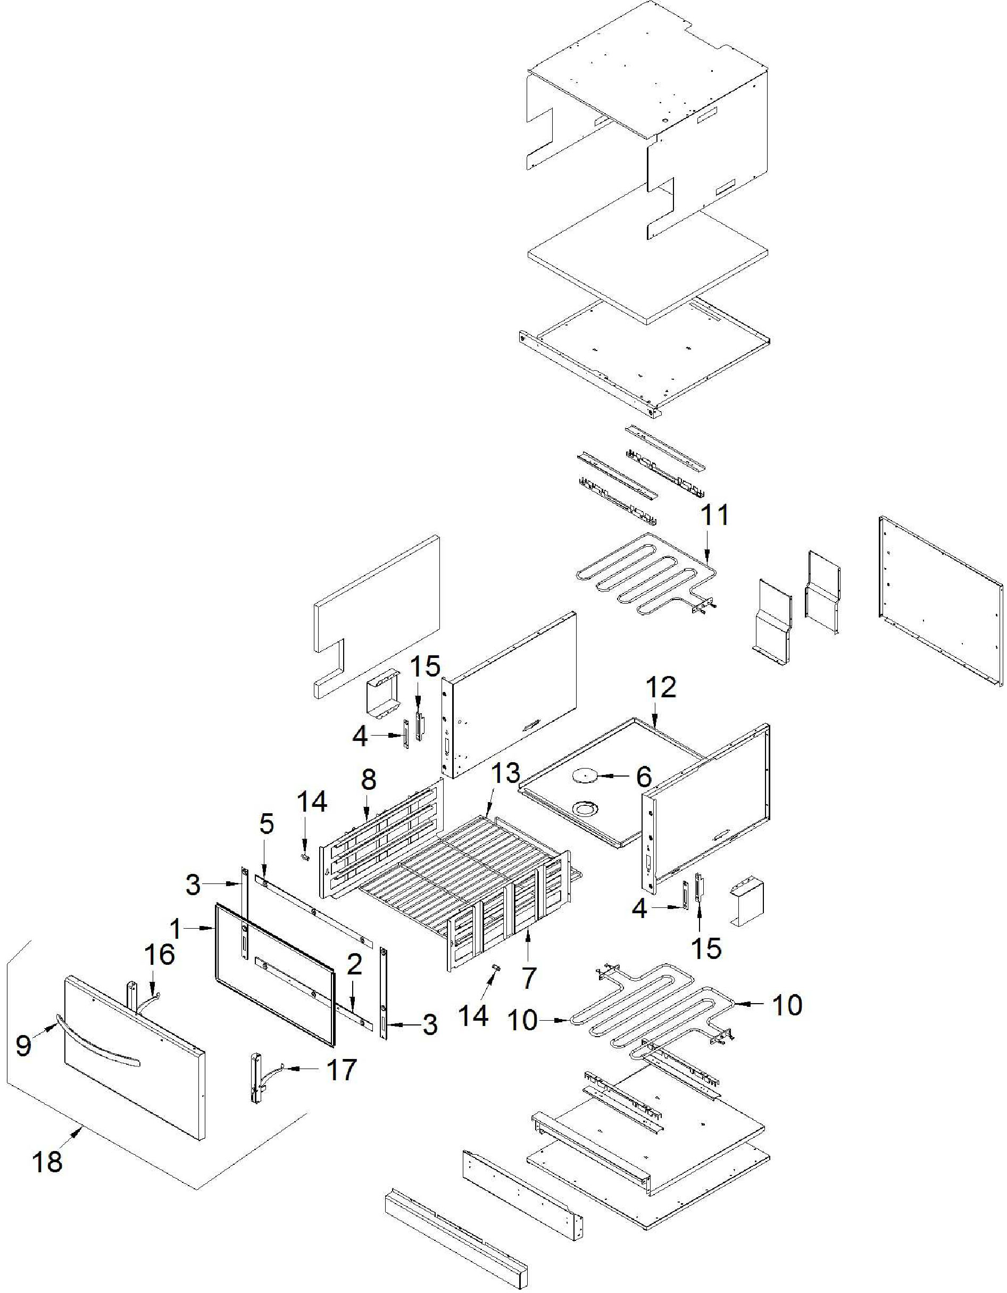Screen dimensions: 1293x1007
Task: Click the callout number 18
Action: tap(47, 1162)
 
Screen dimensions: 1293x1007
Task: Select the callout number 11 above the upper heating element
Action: tap(715, 515)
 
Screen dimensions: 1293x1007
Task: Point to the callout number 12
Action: tap(661, 687)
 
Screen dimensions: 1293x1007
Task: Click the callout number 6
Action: tap(644, 776)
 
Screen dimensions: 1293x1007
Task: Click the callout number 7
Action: tap(528, 978)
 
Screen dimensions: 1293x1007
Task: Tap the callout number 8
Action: tap(368, 780)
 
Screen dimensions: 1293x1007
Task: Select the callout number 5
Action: tap(267, 823)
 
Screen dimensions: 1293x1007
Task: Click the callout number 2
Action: tap(354, 965)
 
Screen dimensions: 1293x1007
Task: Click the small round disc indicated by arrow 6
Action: tap(583, 775)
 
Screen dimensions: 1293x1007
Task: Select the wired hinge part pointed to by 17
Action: tap(258, 1079)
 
